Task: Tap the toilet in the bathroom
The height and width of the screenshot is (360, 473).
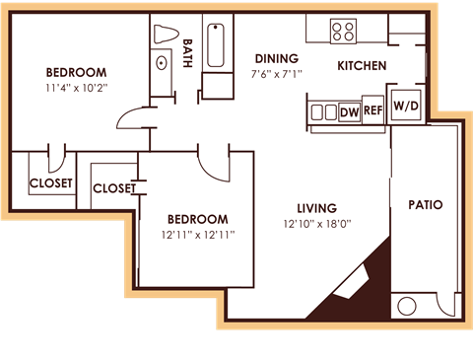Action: click(x=164, y=32)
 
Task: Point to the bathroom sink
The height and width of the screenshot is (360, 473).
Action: click(x=163, y=64)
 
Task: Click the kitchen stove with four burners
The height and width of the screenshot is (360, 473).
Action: click(x=343, y=30)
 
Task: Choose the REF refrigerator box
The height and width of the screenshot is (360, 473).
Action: click(x=372, y=111)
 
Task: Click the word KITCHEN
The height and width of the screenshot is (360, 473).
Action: click(x=361, y=67)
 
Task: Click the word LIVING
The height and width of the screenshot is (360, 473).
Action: click(x=317, y=208)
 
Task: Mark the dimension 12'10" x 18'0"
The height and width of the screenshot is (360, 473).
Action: click(x=317, y=224)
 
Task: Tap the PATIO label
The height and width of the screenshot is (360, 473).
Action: click(x=425, y=206)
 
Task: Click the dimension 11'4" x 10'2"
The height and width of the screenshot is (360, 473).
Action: click(x=76, y=87)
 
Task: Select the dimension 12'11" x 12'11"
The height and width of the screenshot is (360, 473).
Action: click(x=197, y=235)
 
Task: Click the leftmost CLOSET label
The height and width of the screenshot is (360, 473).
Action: click(x=50, y=183)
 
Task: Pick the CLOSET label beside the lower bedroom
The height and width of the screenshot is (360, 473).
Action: click(x=113, y=188)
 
